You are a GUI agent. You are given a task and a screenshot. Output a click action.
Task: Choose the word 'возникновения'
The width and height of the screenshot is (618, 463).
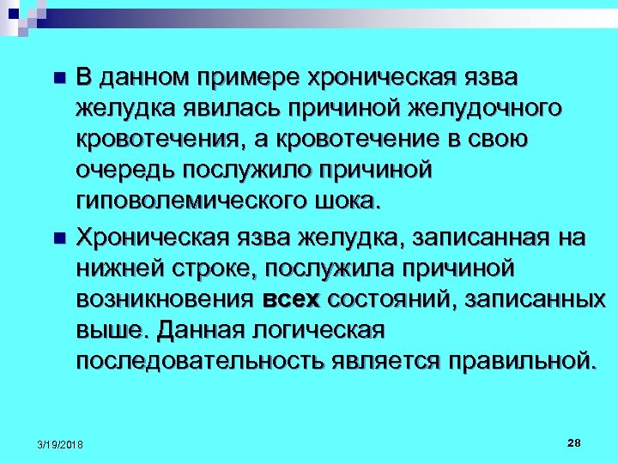pos(161,298)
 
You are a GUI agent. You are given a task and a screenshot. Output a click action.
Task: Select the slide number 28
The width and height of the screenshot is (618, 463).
pos(573,442)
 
